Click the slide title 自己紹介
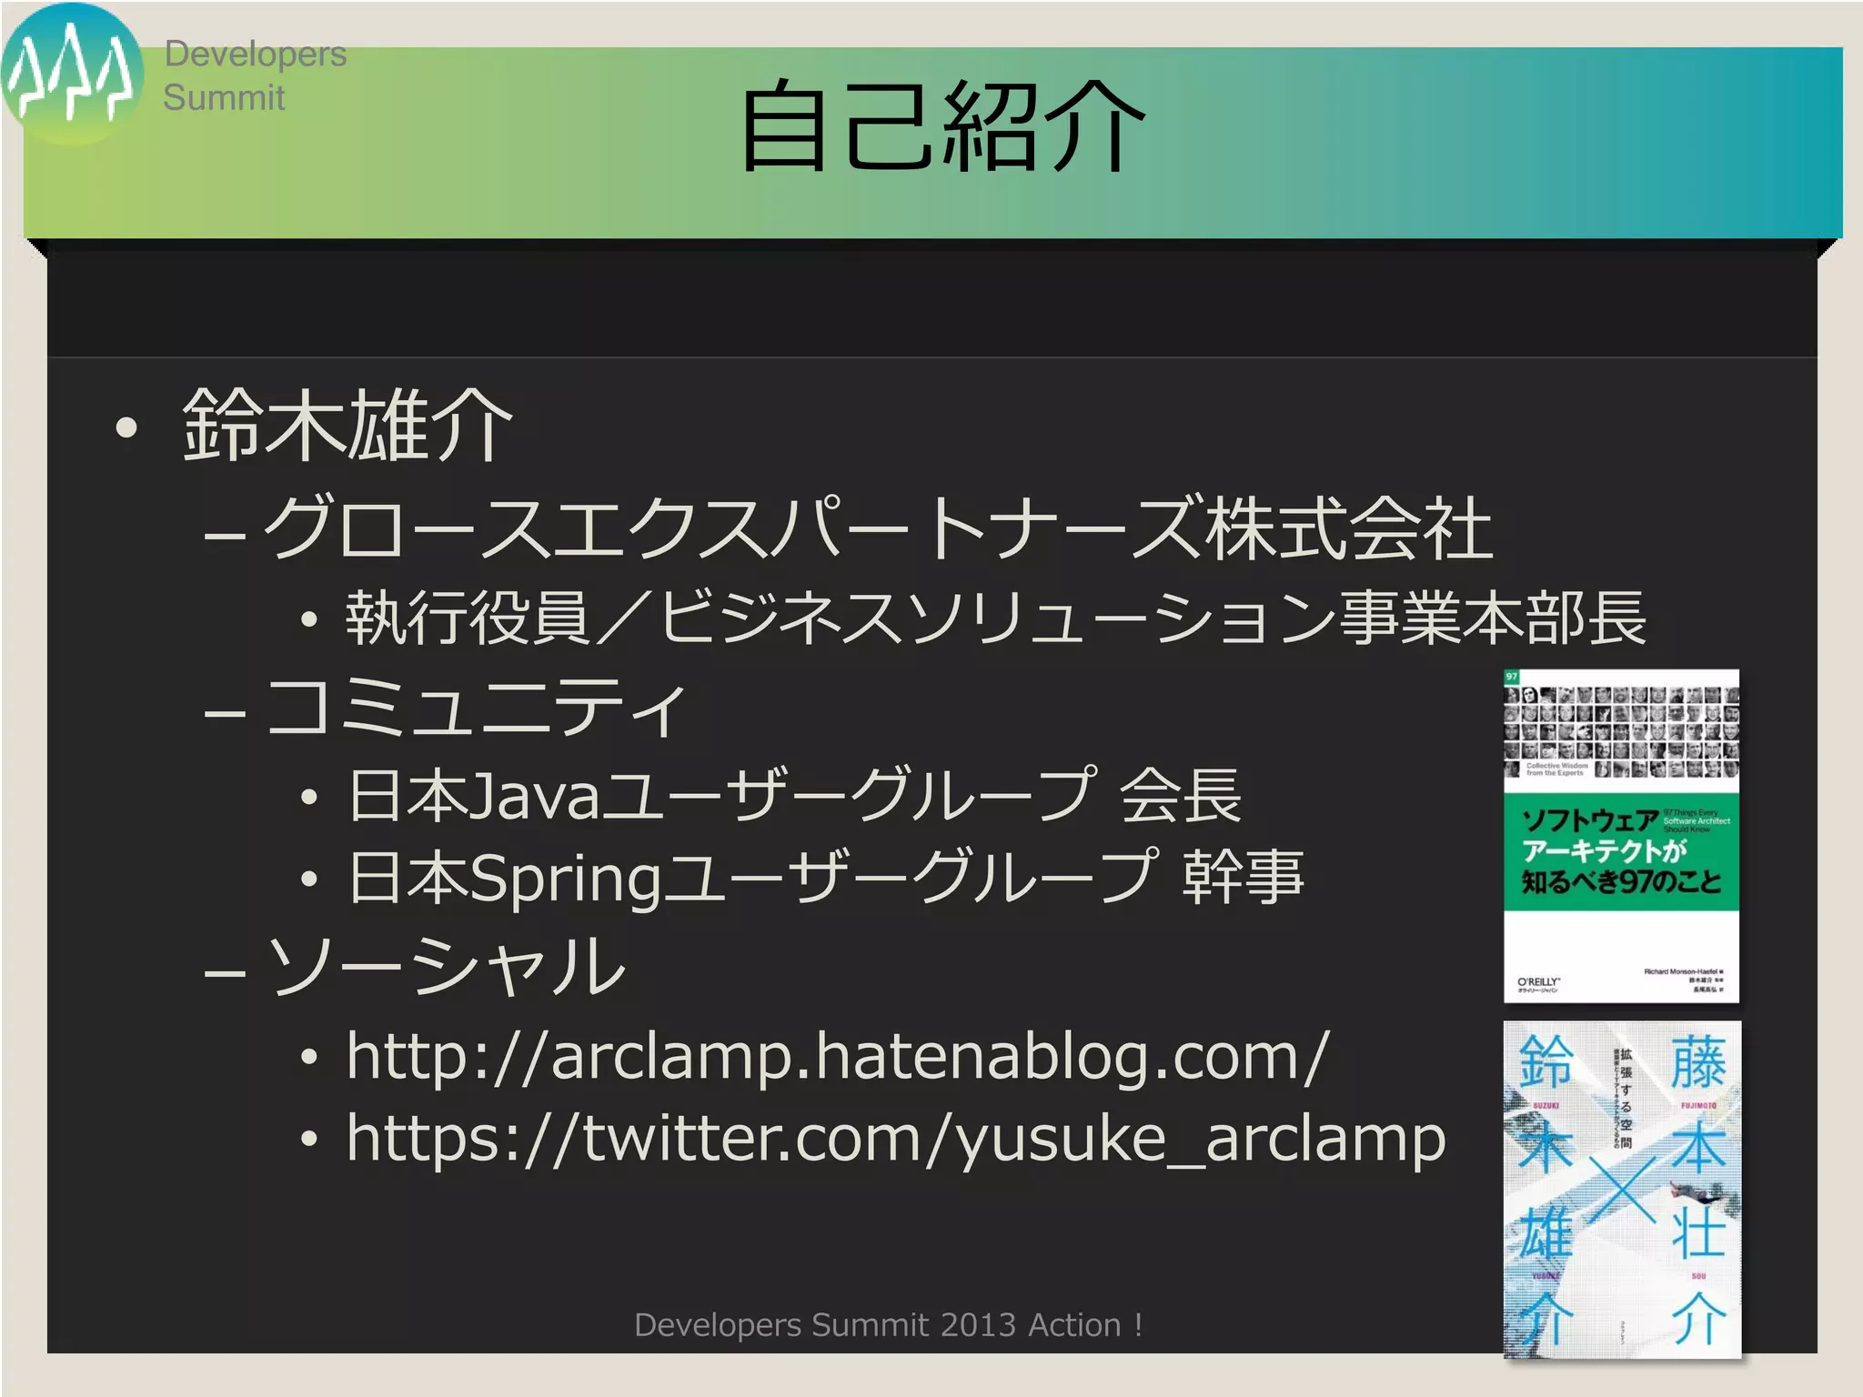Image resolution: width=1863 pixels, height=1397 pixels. (x=942, y=127)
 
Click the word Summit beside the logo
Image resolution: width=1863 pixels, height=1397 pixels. (x=224, y=97)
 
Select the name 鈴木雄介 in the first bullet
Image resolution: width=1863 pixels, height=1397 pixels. (x=347, y=425)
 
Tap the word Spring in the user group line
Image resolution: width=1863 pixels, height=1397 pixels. (x=566, y=879)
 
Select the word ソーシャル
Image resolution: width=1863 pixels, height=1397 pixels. (x=447, y=966)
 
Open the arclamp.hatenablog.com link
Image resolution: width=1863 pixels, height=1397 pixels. (x=837, y=1057)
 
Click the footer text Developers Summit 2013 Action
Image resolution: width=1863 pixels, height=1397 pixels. (x=888, y=1325)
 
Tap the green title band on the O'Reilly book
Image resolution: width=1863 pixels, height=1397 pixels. (x=1621, y=851)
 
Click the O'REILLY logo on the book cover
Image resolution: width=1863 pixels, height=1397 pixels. (x=1538, y=982)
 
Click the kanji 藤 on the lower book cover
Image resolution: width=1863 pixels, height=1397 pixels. (x=1697, y=1063)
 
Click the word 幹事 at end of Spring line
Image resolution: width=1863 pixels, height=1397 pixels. (x=1243, y=879)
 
